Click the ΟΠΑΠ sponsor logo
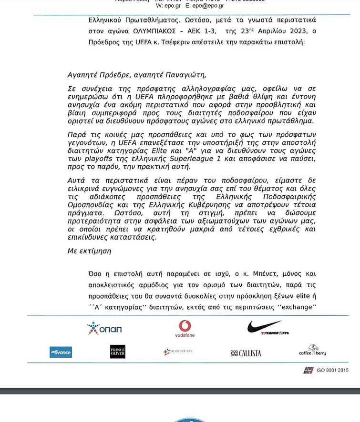(x=104, y=329)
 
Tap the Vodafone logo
(x=185, y=328)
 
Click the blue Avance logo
(x=61, y=352)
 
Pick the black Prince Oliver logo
(x=118, y=352)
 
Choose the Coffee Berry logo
(x=312, y=351)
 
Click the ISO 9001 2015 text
(x=332, y=370)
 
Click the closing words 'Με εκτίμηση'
(x=89, y=251)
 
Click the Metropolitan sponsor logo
(x=178, y=352)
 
